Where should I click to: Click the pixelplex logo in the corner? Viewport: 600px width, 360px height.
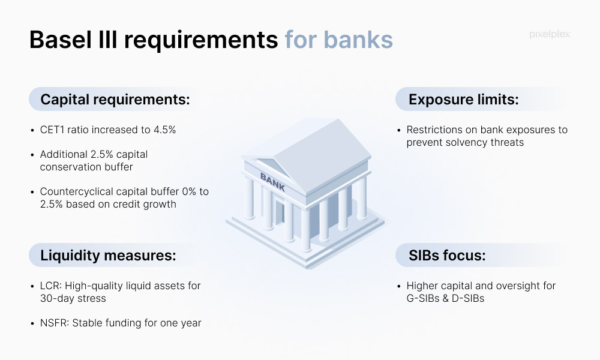(x=550, y=34)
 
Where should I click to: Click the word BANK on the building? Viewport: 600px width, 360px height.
(x=272, y=182)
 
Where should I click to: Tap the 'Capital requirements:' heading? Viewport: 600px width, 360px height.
(x=115, y=100)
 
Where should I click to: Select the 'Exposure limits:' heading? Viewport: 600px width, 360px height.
(x=463, y=100)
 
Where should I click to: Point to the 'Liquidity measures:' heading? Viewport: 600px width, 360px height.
(x=108, y=255)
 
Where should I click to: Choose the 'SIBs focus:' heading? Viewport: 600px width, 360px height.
(x=447, y=255)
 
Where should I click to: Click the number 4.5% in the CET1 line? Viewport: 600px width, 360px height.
(x=164, y=130)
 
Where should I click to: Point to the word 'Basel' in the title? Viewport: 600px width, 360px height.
(x=61, y=40)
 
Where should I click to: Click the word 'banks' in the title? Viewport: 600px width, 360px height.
(x=358, y=40)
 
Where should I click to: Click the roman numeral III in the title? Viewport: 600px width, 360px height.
(x=108, y=40)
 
